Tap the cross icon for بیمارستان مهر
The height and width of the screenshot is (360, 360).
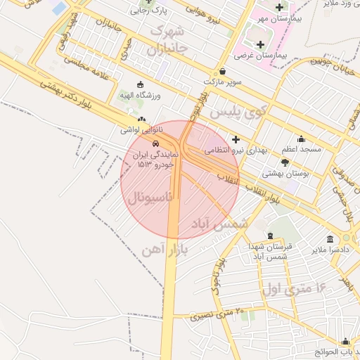279,7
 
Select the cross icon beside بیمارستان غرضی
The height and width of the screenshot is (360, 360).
260,45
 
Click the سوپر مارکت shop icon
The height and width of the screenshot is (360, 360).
223,71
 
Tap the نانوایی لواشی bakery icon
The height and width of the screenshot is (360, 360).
143,120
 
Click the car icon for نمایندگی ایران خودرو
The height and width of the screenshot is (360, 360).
146,143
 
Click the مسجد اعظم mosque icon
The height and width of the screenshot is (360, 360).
302,139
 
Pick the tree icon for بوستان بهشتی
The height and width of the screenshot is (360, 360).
285,162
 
